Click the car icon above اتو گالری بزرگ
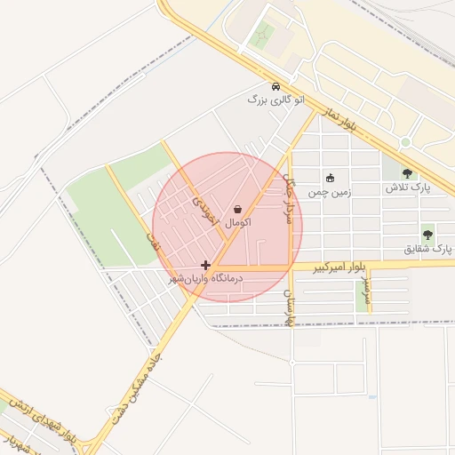click(x=276, y=87)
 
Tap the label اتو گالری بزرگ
click(x=275, y=100)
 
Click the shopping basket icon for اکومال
click(x=237, y=209)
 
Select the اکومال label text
click(x=237, y=222)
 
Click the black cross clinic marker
click(x=206, y=265)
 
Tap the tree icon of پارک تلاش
click(x=407, y=174)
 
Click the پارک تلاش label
click(x=407, y=188)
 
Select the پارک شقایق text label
click(x=422, y=249)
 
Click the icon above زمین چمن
click(x=331, y=177)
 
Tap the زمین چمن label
click(x=330, y=191)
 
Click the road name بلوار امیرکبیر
click(x=339, y=267)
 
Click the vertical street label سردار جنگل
click(x=288, y=189)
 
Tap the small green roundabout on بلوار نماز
click(x=405, y=142)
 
